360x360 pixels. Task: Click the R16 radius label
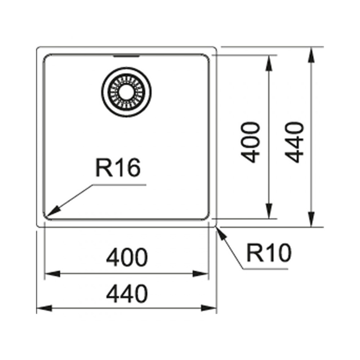[118, 167]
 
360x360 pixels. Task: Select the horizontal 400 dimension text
[127, 257]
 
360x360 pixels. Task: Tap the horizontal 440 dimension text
[127, 294]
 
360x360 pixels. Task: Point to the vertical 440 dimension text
[294, 143]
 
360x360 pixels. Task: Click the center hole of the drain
[126, 91]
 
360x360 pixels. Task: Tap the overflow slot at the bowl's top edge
[126, 56]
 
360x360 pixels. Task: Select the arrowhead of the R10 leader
[221, 233]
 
